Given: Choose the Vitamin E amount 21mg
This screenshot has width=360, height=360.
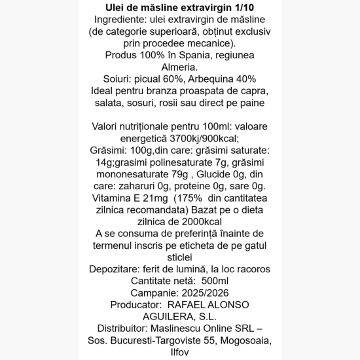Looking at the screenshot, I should [x=149, y=198].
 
